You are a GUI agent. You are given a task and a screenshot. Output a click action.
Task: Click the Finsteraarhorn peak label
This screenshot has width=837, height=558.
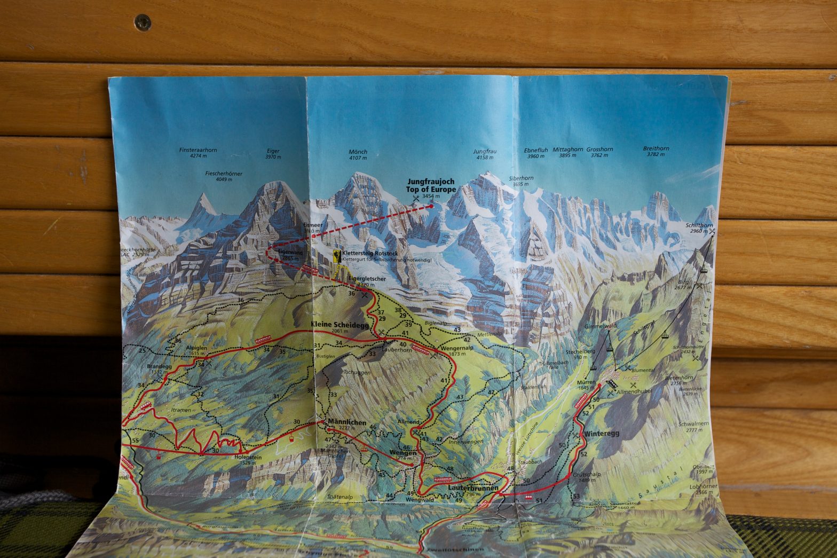click(198, 153)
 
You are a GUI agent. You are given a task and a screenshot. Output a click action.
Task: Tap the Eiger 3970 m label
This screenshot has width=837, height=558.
click(273, 154)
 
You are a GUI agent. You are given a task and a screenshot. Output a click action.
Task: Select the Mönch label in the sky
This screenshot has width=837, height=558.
click(358, 155)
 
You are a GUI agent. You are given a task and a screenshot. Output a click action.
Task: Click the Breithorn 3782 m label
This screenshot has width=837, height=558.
click(656, 151)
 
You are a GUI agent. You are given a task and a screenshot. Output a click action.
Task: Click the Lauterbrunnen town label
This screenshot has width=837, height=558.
click(473, 488)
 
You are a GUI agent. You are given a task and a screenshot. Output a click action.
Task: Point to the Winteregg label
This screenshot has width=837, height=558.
click(602, 434)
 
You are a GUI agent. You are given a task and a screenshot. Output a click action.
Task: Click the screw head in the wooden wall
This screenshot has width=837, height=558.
click(143, 22)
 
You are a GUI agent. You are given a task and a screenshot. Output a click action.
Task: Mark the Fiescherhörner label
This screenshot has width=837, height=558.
click(224, 176)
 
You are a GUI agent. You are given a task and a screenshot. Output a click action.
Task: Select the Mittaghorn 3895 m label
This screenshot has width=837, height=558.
click(567, 152)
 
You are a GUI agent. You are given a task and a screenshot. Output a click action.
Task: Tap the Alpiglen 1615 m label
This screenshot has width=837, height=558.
click(196, 350)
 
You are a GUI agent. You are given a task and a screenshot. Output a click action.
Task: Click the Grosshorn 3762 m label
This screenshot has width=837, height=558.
click(599, 152)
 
